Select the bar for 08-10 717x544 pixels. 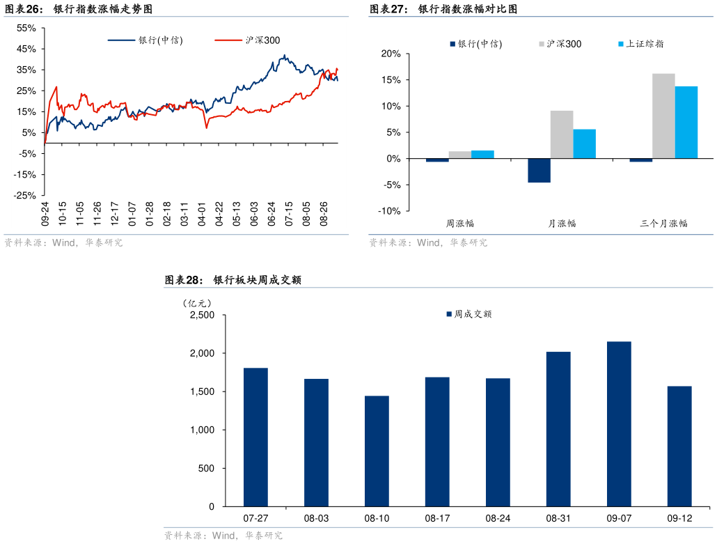point(377,451)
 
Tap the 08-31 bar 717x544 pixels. point(558,429)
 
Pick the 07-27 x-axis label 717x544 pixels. point(255,518)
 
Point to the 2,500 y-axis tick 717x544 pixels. point(203,316)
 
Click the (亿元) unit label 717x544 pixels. point(196,303)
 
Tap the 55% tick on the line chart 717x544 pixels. point(26,28)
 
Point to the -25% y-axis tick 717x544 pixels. point(26,196)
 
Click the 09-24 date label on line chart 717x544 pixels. point(45,213)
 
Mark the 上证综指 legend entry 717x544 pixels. point(640,44)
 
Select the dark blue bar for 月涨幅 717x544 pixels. point(539,171)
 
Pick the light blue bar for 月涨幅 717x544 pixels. point(584,144)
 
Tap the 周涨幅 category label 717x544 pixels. point(460,224)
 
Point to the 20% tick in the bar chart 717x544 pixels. point(391,54)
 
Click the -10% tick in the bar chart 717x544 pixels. point(388,211)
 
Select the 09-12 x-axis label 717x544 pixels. point(679,518)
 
